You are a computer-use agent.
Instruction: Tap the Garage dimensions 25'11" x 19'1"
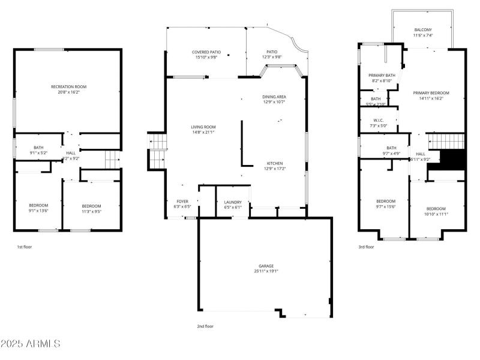click(x=266, y=271)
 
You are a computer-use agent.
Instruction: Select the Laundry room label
click(x=232, y=202)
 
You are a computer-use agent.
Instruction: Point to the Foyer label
click(x=182, y=202)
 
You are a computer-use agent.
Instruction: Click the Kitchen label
click(x=275, y=163)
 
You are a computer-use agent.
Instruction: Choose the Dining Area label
click(x=274, y=97)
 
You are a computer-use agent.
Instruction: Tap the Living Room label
click(x=203, y=127)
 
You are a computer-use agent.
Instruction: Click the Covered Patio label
click(x=206, y=52)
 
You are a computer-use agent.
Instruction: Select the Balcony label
click(x=422, y=30)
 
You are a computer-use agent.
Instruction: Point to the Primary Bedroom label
click(x=431, y=93)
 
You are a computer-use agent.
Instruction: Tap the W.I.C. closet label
click(x=379, y=120)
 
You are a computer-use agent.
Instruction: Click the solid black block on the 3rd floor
click(x=454, y=160)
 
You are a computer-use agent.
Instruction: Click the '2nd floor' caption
click(x=205, y=326)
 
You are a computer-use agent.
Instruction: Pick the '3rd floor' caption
click(x=366, y=247)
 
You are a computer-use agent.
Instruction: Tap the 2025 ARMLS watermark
click(x=30, y=344)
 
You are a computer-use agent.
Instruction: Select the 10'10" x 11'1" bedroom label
click(x=436, y=211)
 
